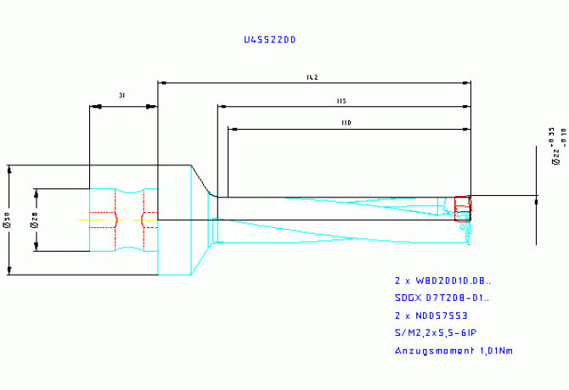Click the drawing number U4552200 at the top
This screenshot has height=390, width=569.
click(x=269, y=40)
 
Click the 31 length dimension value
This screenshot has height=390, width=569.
click(x=122, y=97)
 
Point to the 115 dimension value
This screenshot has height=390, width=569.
click(x=341, y=101)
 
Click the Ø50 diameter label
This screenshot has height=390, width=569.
click(x=8, y=221)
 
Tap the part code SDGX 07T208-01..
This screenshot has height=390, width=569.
click(x=442, y=298)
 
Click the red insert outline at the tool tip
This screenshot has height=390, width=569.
click(x=462, y=209)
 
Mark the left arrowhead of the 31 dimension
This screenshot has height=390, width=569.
click(x=93, y=106)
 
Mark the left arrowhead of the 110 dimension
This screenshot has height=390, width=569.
click(x=231, y=130)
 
